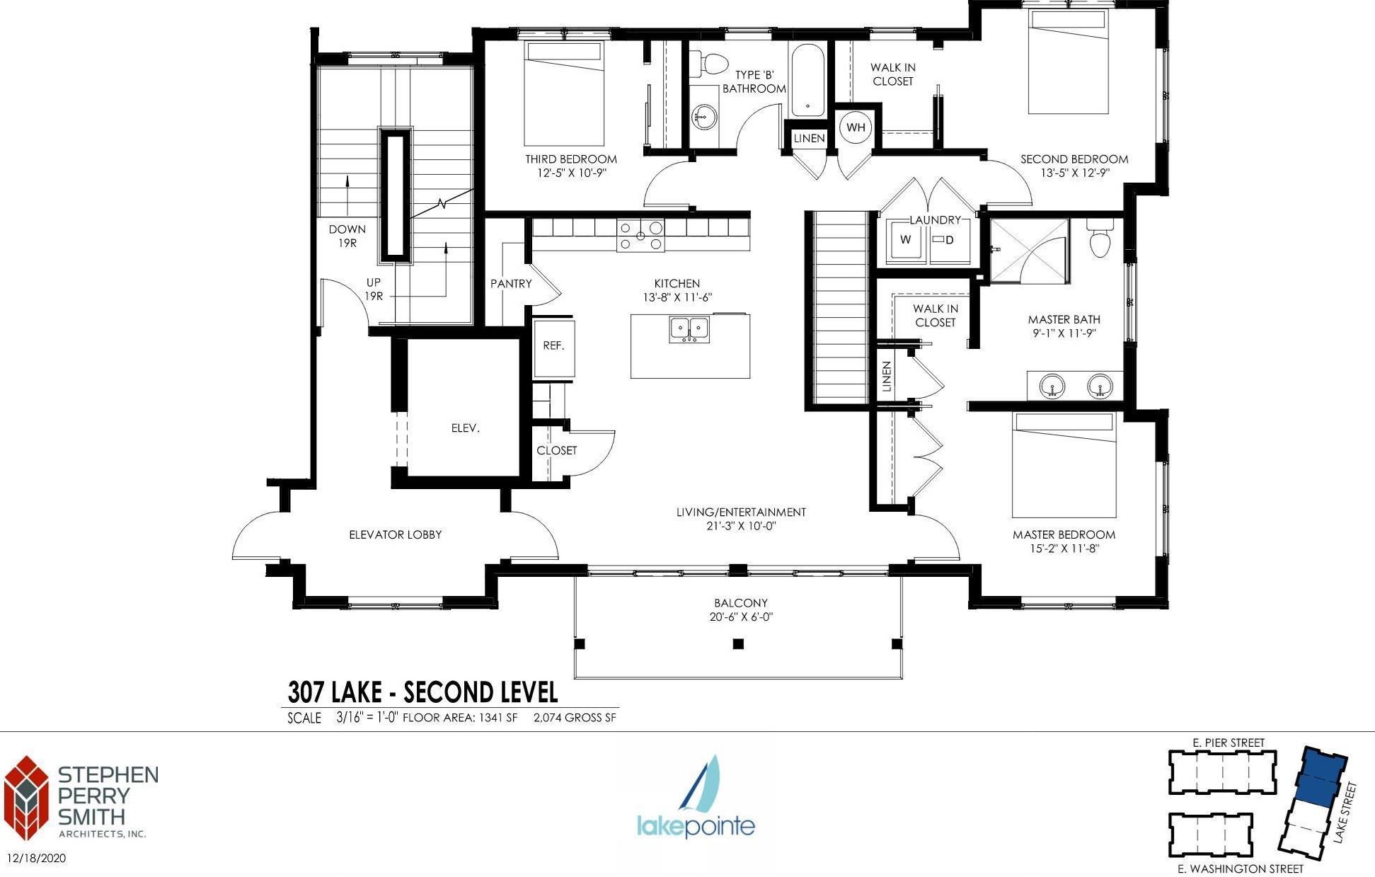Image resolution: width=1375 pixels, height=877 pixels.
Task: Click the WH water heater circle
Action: pos(855,127)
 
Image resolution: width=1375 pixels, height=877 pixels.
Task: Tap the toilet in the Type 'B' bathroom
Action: pos(708,64)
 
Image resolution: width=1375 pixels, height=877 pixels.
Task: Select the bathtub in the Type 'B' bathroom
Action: pos(807,80)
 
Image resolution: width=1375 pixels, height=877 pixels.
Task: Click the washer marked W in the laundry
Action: pos(906,241)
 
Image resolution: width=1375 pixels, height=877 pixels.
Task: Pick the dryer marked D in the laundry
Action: pos(949,241)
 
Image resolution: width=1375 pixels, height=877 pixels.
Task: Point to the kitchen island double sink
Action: pos(689,329)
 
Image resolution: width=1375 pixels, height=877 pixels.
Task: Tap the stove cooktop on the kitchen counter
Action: pos(640,236)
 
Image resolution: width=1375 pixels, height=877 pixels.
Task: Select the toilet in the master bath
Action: pos(1100,238)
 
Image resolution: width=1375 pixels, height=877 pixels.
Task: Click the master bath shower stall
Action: pos(1028,251)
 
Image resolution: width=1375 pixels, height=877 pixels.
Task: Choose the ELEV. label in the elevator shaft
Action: pos(465,428)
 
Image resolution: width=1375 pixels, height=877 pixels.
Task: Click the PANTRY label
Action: pos(511,284)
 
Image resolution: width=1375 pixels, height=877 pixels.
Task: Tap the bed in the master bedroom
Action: pos(1064,465)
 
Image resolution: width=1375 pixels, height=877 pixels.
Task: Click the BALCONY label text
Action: pos(740,603)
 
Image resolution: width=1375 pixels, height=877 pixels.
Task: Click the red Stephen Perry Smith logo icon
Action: pos(26,798)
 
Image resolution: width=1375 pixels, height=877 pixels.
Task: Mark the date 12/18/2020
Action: pos(36,859)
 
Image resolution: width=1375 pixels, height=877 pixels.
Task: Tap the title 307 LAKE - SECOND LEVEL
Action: pos(422,692)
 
